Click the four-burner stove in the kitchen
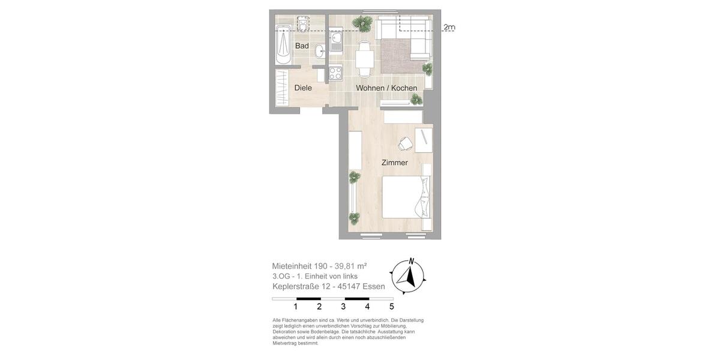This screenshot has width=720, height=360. [x=335, y=73]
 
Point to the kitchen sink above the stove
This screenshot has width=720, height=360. [x=335, y=42]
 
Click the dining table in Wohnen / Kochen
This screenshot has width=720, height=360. [x=364, y=59]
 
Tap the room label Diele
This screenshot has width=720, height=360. [x=303, y=88]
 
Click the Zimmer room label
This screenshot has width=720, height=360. [x=394, y=163]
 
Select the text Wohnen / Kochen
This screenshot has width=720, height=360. [x=386, y=88]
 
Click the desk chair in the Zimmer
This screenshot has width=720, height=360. [x=406, y=143]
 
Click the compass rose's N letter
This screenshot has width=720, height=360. [x=411, y=261]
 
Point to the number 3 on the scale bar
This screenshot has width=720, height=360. [x=343, y=307]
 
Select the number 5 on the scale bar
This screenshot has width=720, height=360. [x=391, y=307]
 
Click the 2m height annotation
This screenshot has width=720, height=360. [x=449, y=28]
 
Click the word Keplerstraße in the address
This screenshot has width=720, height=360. [x=296, y=286]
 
